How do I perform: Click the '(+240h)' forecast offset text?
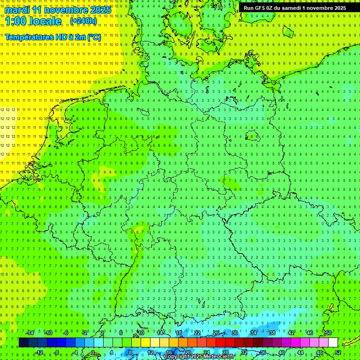(x=83, y=21)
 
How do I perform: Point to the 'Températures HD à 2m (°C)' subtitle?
(x=52, y=37)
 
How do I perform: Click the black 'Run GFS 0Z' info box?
(x=294, y=7)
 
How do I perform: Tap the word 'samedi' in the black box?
(x=291, y=7)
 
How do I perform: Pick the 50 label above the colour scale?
(x=329, y=333)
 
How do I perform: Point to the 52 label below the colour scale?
(x=338, y=352)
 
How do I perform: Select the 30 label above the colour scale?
(x=235, y=333)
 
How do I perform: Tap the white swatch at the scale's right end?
(x=333, y=343)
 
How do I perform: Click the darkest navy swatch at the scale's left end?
(x=23, y=343)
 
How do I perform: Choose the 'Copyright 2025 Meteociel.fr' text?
(x=199, y=357)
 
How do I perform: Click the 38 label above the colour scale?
(x=272, y=333)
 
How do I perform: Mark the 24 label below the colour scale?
(x=207, y=352)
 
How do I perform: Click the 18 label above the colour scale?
(x=179, y=333)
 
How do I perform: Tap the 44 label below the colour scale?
(x=300, y=352)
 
